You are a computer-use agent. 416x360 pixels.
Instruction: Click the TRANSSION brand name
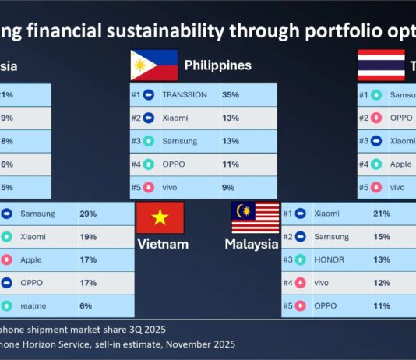184,95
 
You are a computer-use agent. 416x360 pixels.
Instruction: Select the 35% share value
230,95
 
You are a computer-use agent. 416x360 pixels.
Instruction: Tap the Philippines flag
153,65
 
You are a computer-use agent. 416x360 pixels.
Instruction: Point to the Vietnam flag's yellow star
160,217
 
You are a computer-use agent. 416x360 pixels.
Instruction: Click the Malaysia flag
255,217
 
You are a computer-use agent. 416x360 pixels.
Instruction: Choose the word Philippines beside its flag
217,65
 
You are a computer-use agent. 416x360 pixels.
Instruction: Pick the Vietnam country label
163,244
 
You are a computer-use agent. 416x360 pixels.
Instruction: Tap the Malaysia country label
252,244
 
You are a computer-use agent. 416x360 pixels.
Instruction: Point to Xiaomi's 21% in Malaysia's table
382,214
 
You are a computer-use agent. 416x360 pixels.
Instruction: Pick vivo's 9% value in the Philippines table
227,187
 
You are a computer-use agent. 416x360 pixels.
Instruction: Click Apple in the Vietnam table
32,260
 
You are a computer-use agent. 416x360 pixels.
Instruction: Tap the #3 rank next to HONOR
288,260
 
